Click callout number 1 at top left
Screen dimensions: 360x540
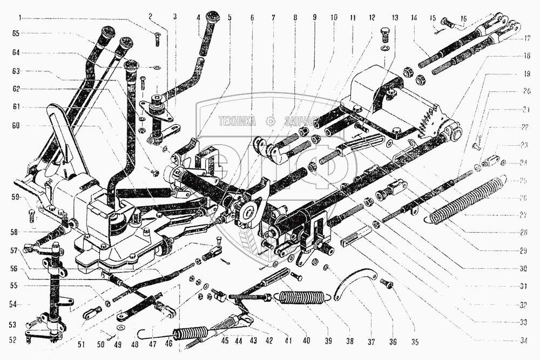tap(19, 18)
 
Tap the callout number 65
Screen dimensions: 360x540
tap(16, 33)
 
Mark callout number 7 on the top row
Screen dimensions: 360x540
tap(274, 18)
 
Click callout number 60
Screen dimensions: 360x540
tap(16, 125)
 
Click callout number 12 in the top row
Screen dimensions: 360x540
tap(372, 18)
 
